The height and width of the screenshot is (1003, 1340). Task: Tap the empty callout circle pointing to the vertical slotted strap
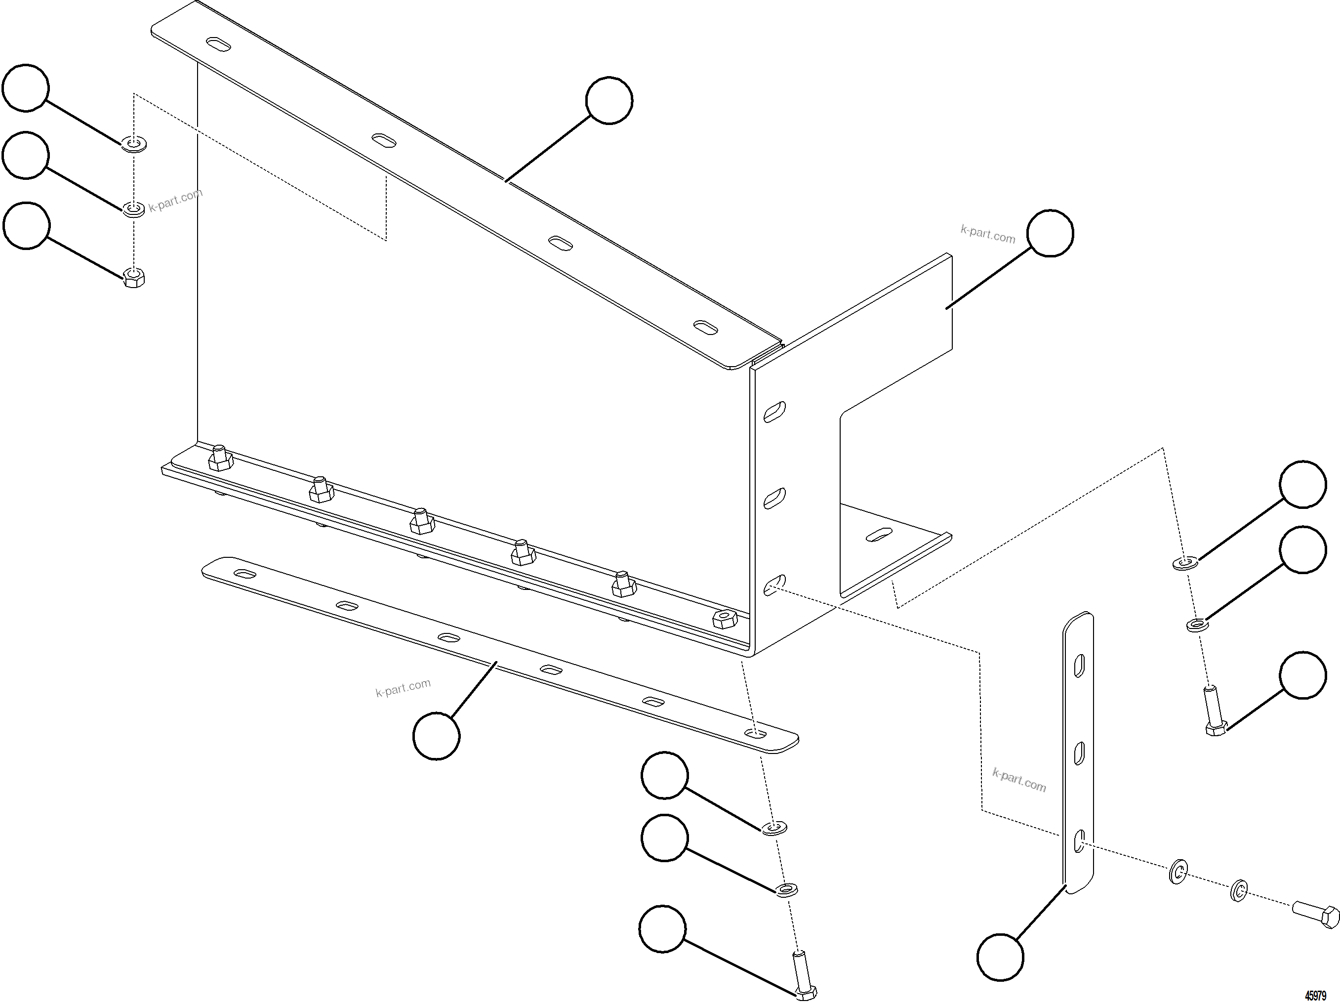(1000, 957)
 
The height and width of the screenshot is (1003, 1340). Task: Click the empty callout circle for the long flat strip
(436, 736)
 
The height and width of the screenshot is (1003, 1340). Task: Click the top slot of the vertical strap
(1079, 667)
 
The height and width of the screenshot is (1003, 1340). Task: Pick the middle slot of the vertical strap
(1079, 753)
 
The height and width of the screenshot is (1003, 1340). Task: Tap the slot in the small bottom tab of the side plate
(879, 535)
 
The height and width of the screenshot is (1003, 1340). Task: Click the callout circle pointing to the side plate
(1051, 233)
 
